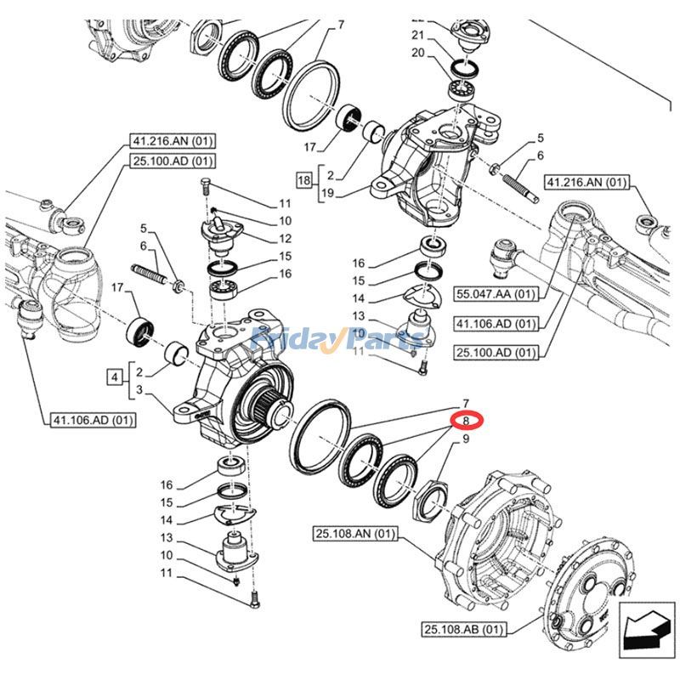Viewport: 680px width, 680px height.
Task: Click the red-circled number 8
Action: click(466, 420)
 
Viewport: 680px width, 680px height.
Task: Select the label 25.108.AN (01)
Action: click(349, 534)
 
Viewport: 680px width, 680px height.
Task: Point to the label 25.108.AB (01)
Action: click(464, 629)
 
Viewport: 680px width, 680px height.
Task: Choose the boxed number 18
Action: click(303, 181)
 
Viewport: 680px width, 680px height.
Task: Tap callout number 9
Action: click(466, 439)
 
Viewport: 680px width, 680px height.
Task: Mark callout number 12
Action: click(285, 239)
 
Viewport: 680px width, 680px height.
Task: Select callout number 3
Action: click(139, 391)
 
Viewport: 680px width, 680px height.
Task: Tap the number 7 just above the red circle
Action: click(466, 402)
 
